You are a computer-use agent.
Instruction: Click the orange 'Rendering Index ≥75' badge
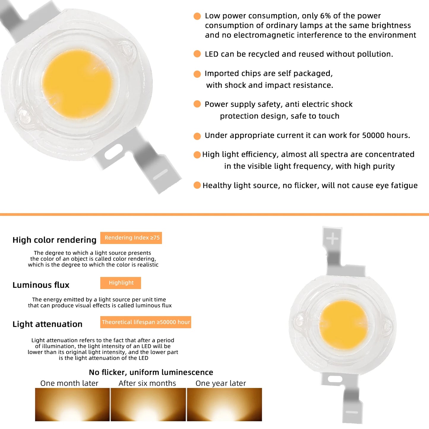click(x=131, y=238)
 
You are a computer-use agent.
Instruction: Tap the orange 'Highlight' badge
click(x=121, y=283)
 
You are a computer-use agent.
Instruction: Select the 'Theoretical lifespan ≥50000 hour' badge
click(x=145, y=322)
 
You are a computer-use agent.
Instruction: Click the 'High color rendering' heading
click(x=54, y=240)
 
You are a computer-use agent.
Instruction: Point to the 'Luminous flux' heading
click(x=41, y=285)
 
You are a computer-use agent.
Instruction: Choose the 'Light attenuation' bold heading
click(x=48, y=324)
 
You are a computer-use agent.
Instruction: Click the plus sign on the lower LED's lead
click(x=332, y=239)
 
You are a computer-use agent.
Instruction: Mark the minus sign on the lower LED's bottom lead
click(x=352, y=412)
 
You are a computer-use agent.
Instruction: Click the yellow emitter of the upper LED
click(x=77, y=84)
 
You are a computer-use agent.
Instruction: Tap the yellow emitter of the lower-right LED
click(x=343, y=325)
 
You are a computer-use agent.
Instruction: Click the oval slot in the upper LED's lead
click(x=113, y=151)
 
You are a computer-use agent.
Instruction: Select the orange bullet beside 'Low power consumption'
click(x=197, y=16)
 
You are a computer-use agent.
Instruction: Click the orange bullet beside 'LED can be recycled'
click(x=197, y=54)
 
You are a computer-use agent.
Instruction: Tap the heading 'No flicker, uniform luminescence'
click(x=151, y=372)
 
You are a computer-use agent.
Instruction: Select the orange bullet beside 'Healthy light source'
click(x=197, y=185)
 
